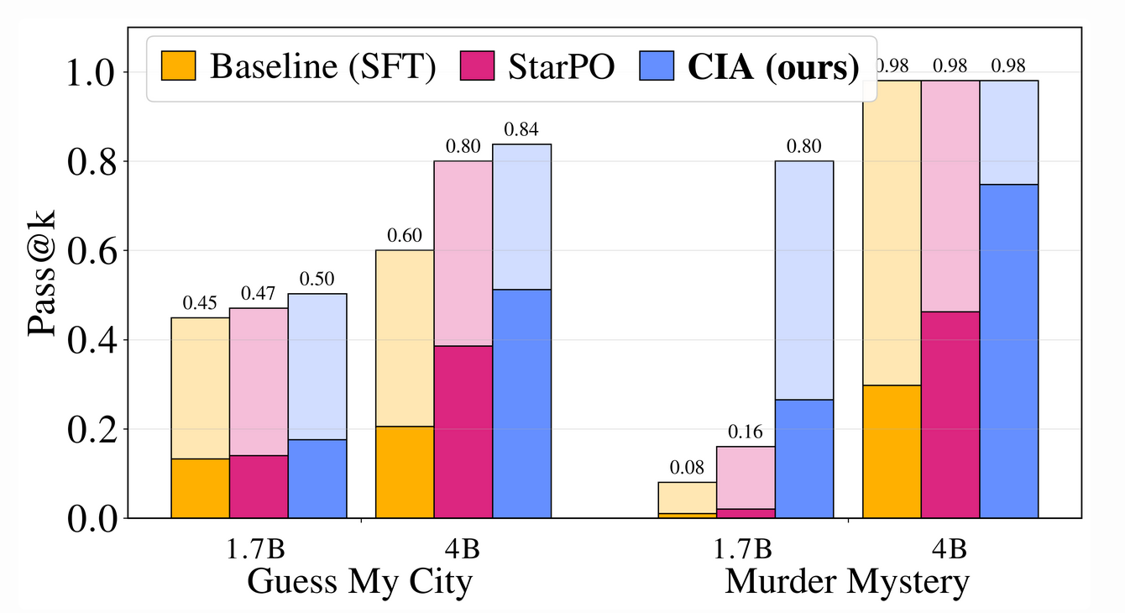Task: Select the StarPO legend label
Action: (560, 67)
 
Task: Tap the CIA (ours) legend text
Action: (773, 67)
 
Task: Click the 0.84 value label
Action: (521, 131)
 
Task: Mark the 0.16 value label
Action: (746, 433)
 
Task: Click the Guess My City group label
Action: (359, 582)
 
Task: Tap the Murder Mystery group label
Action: (847, 582)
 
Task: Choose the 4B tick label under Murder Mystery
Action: (950, 550)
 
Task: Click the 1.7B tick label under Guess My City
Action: (258, 550)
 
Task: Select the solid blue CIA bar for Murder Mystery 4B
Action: (1008, 351)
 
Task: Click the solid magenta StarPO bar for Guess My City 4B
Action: (463, 432)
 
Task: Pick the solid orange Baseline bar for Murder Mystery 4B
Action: (892, 452)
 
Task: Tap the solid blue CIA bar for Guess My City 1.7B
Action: (317, 479)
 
